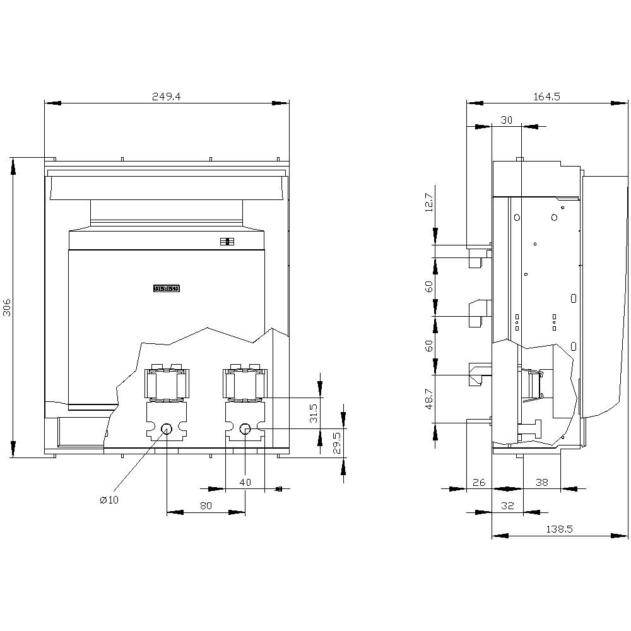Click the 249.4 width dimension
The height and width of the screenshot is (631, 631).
click(x=167, y=97)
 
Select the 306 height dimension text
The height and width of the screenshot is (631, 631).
click(x=8, y=307)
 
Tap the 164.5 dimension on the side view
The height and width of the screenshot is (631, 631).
click(x=546, y=97)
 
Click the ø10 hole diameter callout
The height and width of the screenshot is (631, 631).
click(x=109, y=500)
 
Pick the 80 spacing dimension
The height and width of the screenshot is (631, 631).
click(x=206, y=505)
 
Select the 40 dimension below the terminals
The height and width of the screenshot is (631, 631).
click(x=245, y=482)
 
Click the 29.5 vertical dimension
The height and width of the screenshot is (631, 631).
click(x=337, y=444)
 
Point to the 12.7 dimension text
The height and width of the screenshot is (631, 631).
click(x=429, y=203)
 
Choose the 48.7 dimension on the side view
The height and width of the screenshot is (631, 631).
click(x=429, y=399)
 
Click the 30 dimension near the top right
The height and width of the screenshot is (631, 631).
click(x=506, y=120)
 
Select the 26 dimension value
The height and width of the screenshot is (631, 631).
click(x=478, y=482)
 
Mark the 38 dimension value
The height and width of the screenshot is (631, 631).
click(x=541, y=482)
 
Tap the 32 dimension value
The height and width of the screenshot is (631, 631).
click(x=507, y=505)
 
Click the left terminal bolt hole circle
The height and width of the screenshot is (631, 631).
click(x=167, y=429)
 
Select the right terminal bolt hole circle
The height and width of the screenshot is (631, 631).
click(x=245, y=429)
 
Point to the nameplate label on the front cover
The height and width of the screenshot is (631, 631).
click(x=167, y=288)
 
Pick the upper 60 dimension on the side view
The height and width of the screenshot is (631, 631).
click(x=429, y=286)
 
